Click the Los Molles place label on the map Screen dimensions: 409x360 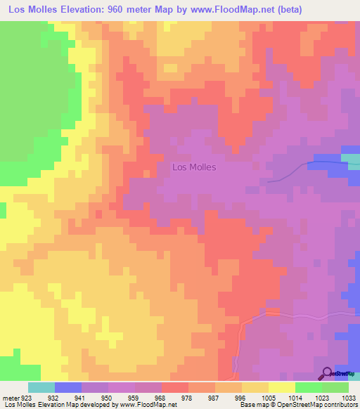(x=194, y=167)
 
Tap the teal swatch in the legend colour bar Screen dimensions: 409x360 (x=41, y=387)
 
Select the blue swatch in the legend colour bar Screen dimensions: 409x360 (x=68, y=387)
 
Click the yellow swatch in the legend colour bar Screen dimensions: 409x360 (x=282, y=387)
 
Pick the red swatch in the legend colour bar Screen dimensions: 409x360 (x=175, y=387)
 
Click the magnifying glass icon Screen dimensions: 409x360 (x=326, y=374)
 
